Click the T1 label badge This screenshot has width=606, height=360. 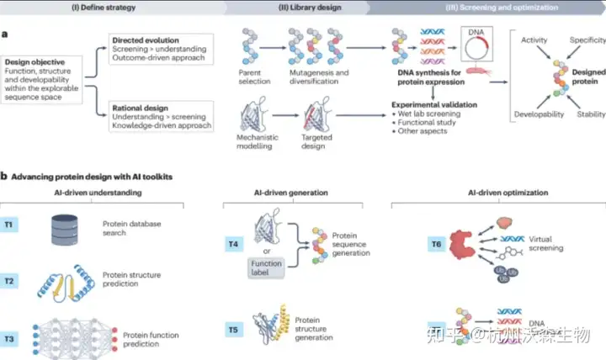click(15, 226)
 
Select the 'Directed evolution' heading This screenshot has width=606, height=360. click(148, 40)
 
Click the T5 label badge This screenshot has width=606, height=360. click(231, 330)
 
